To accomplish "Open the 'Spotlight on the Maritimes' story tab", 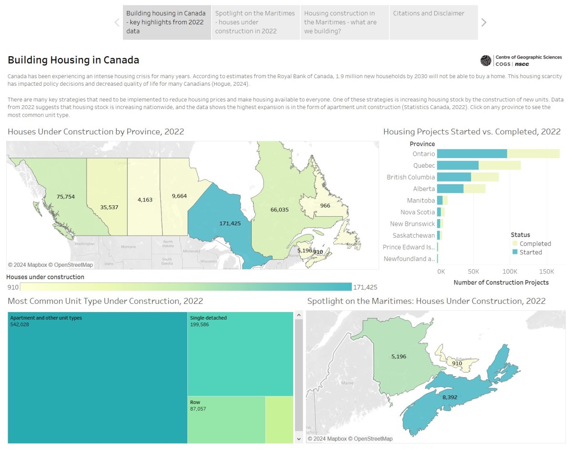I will [x=255, y=22].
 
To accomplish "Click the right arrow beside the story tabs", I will [x=484, y=22].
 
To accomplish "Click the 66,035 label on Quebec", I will [x=279, y=209].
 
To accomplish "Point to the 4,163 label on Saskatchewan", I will [x=145, y=200].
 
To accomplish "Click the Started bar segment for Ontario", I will [x=472, y=154].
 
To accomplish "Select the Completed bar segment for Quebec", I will [x=500, y=165].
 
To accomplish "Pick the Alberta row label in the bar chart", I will [x=424, y=189].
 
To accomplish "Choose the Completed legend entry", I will [x=535, y=243].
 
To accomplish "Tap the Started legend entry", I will [x=531, y=252].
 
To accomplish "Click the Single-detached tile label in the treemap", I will [x=208, y=318].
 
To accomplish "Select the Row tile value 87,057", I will [x=198, y=409].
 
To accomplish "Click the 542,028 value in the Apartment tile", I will [x=20, y=324].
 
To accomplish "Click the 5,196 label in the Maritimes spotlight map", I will [x=398, y=356].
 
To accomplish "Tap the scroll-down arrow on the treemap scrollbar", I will [x=299, y=438].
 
